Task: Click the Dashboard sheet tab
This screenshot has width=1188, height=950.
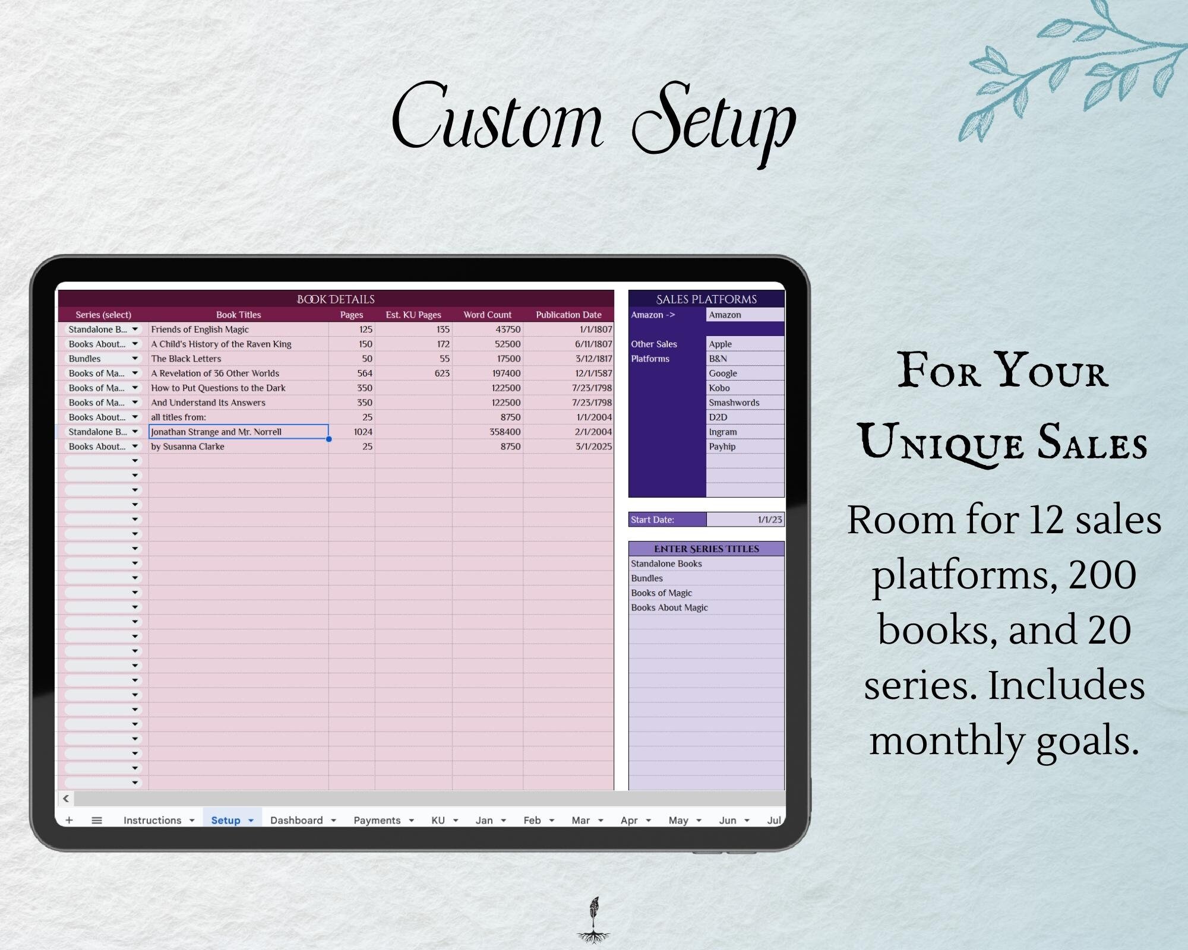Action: coord(296,820)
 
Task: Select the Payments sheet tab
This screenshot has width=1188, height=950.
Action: coord(377,820)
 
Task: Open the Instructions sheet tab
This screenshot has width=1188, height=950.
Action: coord(152,820)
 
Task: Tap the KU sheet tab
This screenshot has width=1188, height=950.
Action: coord(438,820)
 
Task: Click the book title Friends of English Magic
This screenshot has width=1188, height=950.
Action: coord(200,330)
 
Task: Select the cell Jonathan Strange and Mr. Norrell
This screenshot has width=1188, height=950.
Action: coord(216,432)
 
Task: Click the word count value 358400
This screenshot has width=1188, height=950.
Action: coord(505,432)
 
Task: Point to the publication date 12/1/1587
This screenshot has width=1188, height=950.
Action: coord(593,373)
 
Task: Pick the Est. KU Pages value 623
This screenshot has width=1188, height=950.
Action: coord(442,373)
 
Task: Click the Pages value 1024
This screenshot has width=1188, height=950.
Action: coord(363,432)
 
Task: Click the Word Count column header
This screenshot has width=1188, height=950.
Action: coord(487,315)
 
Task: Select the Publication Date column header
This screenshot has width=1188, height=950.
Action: coord(568,315)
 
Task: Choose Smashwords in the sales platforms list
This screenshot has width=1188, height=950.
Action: coord(734,403)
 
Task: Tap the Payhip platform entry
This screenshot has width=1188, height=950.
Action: coord(722,446)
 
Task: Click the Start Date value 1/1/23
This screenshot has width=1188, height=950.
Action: coord(770,520)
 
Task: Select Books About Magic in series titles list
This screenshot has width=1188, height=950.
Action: coord(669,607)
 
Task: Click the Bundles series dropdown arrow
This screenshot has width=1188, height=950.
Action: coord(135,359)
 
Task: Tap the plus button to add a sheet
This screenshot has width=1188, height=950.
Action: coord(69,820)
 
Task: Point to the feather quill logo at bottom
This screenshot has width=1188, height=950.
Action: coord(593,919)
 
